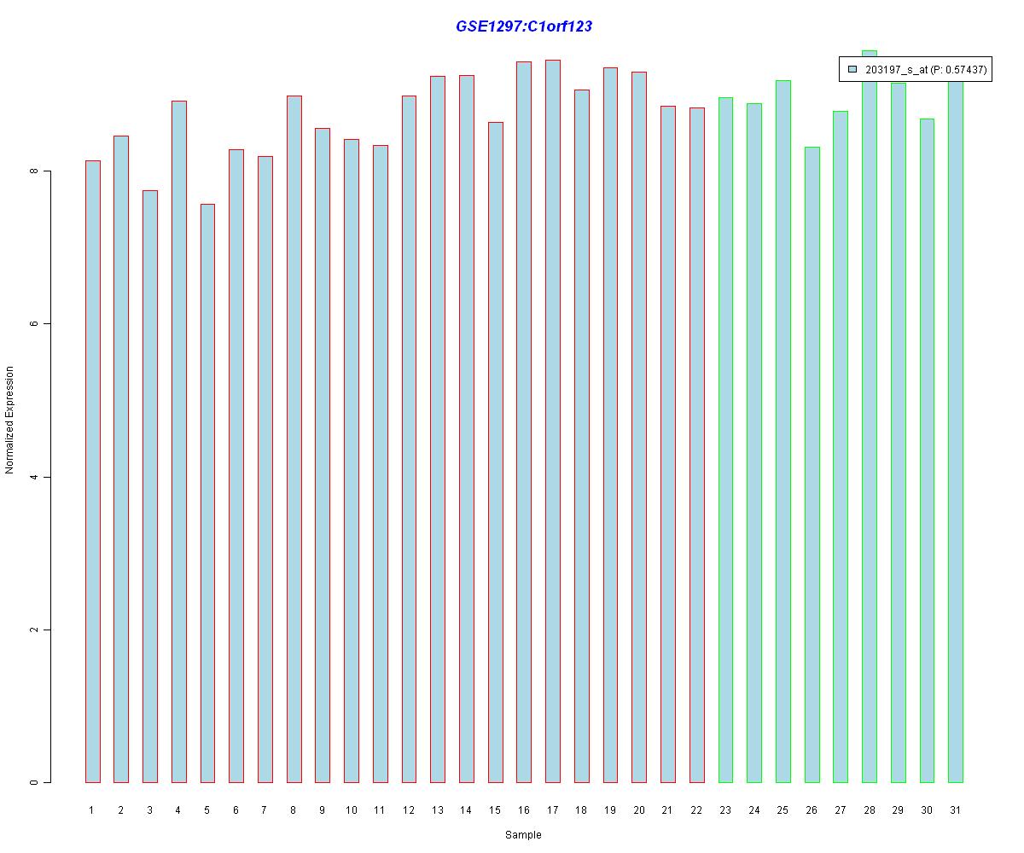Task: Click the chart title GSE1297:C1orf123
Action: click(523, 26)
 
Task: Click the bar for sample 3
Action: click(149, 486)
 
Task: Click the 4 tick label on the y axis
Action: click(34, 477)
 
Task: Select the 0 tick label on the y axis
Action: click(34, 782)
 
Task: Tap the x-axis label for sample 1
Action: click(92, 810)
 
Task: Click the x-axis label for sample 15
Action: click(495, 810)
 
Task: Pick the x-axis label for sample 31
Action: click(956, 810)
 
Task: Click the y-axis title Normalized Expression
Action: click(10, 420)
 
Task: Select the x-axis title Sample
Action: click(523, 835)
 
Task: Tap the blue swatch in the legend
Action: click(852, 70)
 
